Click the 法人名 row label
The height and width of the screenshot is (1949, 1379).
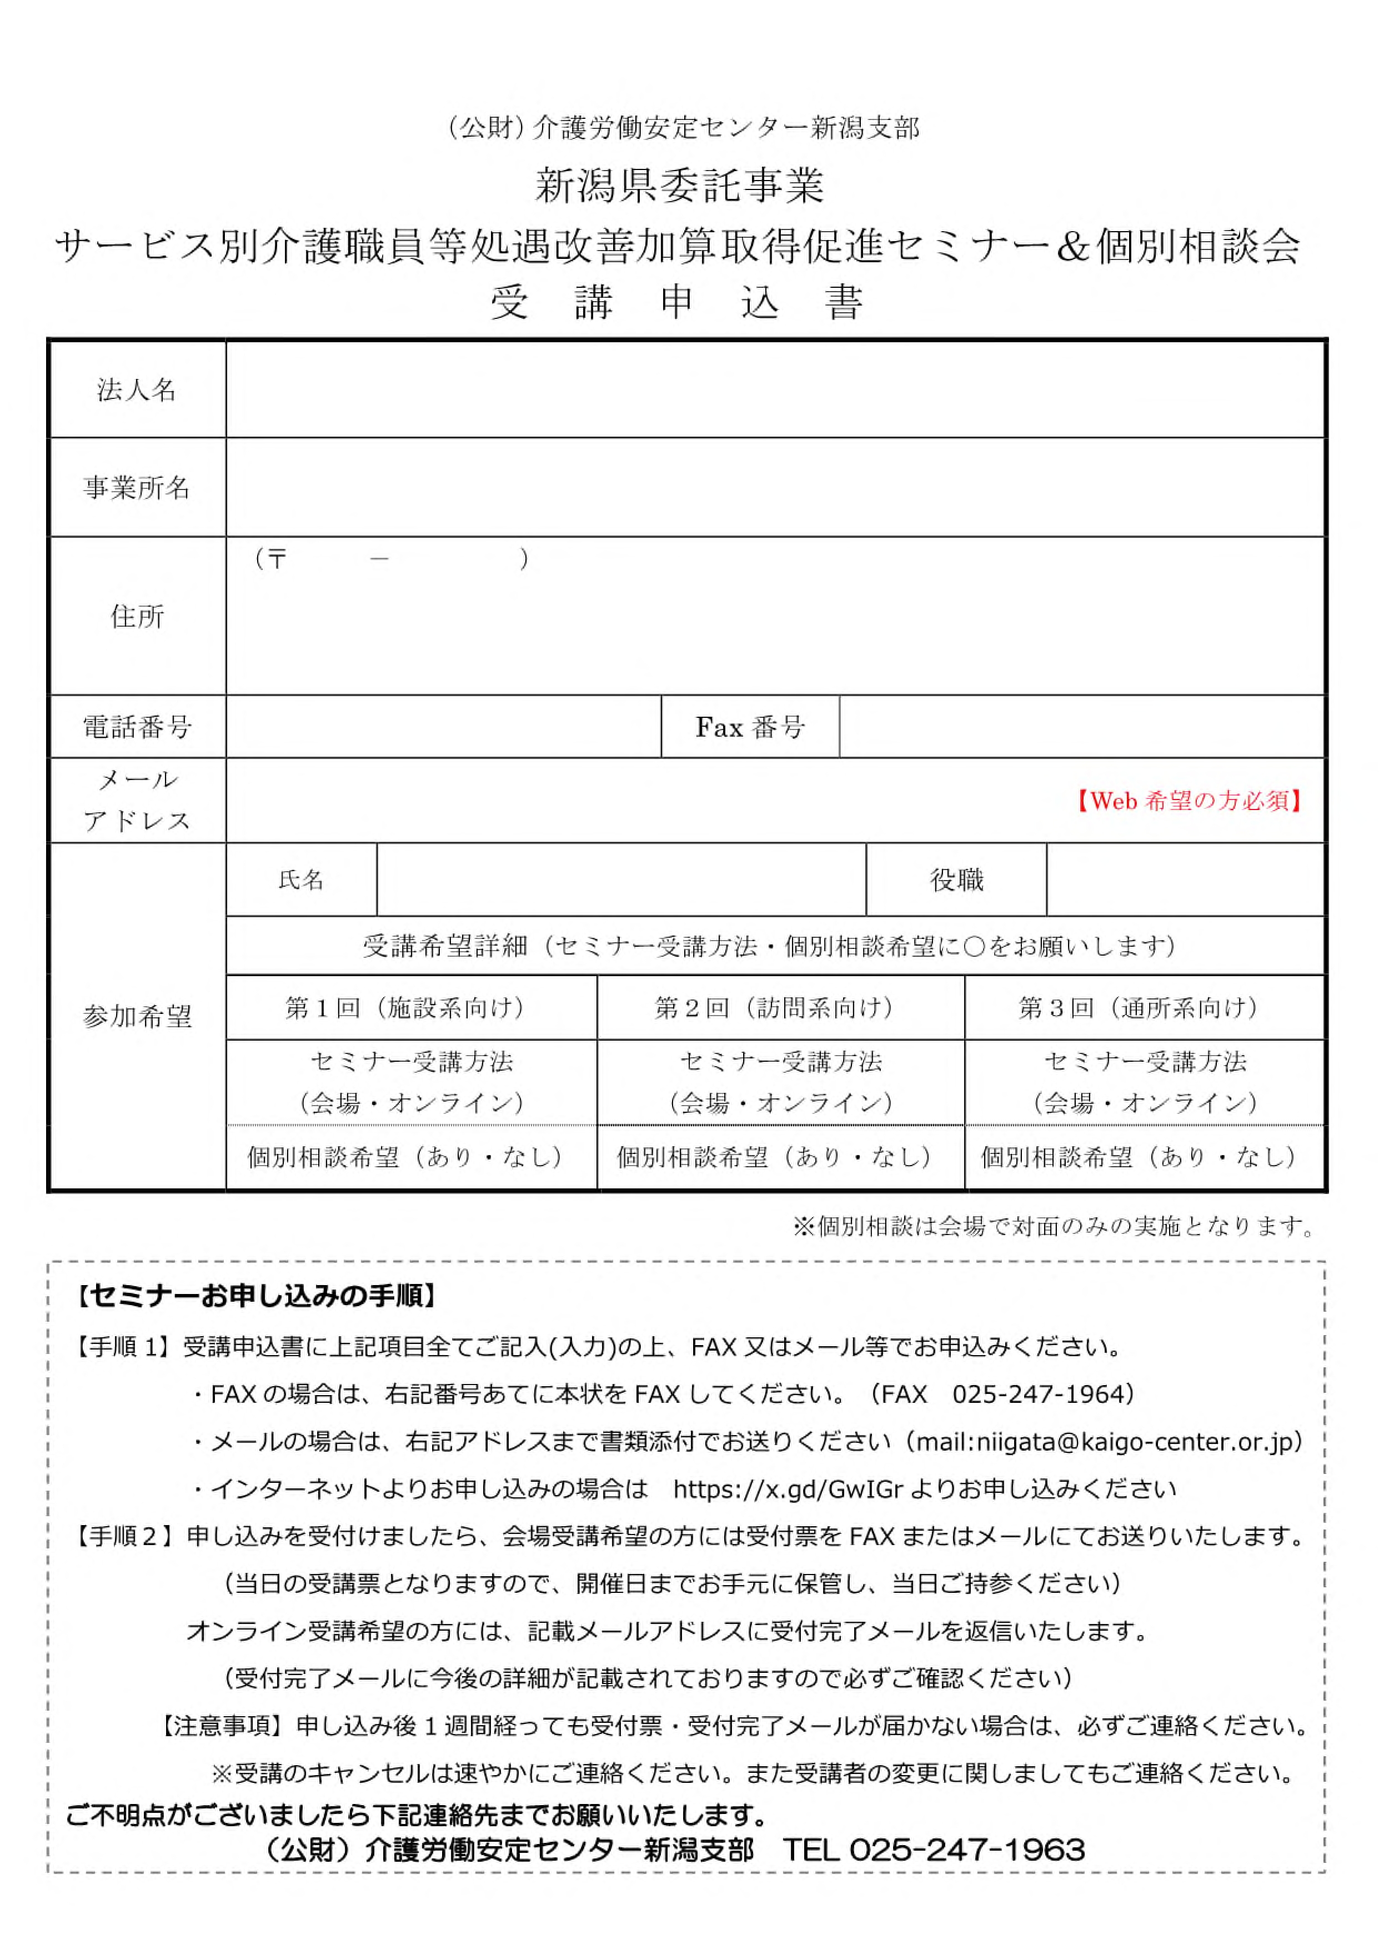tap(137, 390)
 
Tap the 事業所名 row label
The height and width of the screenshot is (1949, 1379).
tap(137, 487)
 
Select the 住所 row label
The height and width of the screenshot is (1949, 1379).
tap(137, 617)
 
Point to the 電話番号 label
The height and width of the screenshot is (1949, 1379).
tap(137, 727)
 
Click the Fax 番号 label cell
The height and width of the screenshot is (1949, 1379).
tap(750, 727)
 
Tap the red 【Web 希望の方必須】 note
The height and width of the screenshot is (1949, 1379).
tap(1189, 801)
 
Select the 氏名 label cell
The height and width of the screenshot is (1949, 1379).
tap(302, 880)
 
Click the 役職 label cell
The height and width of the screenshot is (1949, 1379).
tap(956, 880)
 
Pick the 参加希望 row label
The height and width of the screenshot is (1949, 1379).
tap(137, 1017)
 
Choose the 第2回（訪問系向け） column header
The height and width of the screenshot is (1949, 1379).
tap(780, 1008)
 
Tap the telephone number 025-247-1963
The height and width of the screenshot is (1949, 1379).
tap(967, 1849)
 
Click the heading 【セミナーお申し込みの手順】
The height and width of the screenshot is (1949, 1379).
tap(257, 1297)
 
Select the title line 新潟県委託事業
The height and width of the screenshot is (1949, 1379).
tap(679, 186)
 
